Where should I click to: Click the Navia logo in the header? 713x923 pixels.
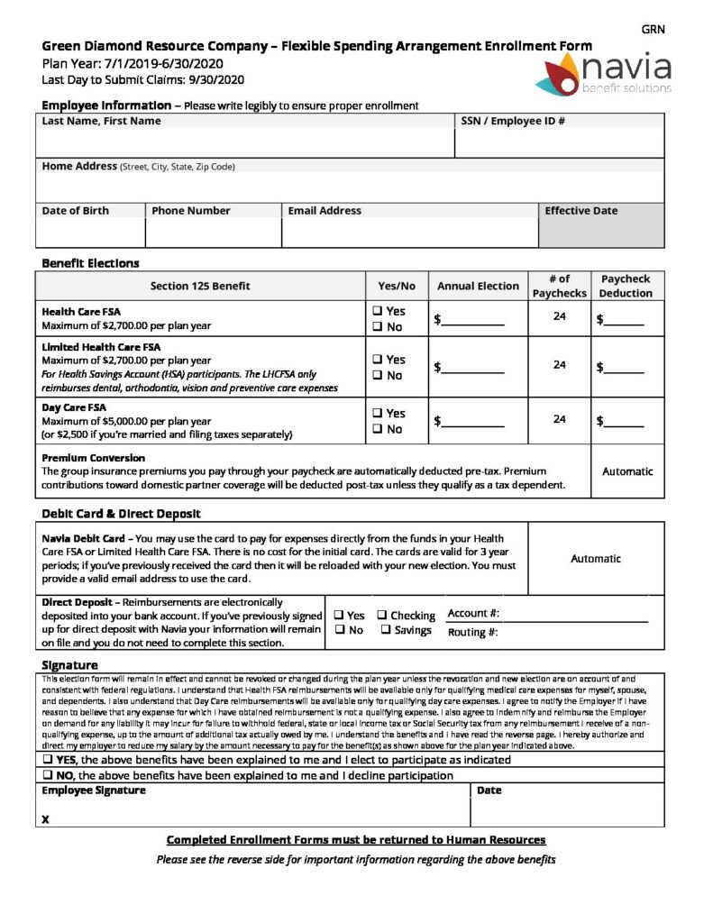[606, 73]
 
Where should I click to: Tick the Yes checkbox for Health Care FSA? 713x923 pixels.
[377, 312]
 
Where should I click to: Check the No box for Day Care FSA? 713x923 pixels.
[377, 429]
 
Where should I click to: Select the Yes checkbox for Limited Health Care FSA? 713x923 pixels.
[377, 360]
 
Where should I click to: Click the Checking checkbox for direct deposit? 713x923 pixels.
[382, 616]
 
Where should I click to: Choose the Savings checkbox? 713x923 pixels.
[386, 630]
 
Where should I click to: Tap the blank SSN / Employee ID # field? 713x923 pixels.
[560, 143]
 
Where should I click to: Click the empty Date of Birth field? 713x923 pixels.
[90, 233]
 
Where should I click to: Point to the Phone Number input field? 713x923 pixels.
[213, 233]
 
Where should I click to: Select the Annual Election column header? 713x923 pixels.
[478, 287]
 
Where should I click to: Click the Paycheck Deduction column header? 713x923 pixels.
[626, 287]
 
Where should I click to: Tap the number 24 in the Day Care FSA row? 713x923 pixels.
[560, 419]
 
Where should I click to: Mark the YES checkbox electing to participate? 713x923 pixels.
[47, 760]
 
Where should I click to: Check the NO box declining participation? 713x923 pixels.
[47, 775]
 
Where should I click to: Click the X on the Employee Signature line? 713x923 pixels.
[45, 819]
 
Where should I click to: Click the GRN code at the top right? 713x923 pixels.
[653, 30]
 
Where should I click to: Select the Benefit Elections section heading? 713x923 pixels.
[91, 263]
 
